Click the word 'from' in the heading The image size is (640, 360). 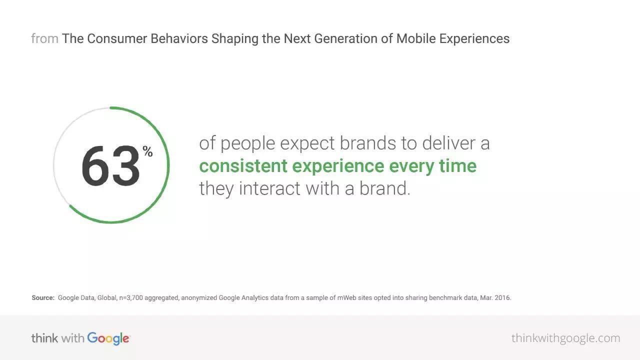click(45, 38)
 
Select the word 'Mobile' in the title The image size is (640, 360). click(416, 38)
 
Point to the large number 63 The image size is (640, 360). click(110, 165)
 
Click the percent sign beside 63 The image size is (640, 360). click(147, 151)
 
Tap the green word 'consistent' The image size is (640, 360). click(243, 166)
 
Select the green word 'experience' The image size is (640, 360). click(338, 166)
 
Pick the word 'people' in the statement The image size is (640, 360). click(247, 143)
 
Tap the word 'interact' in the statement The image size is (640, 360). click(269, 188)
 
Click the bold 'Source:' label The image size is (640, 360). click(43, 297)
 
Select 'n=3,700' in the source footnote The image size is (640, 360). click(131, 297)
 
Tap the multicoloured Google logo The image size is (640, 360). click(108, 339)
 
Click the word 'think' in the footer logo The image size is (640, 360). click(44, 338)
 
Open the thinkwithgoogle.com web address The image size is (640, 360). click(565, 338)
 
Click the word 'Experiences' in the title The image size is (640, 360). click(474, 39)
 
